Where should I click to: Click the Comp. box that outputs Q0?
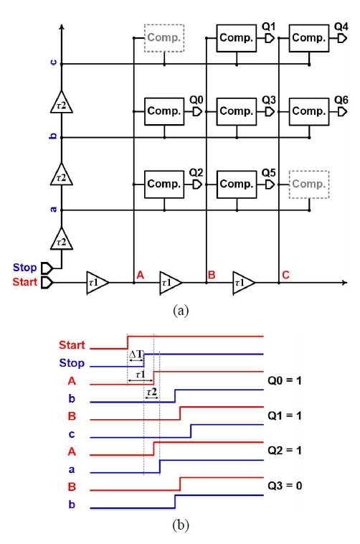(164, 111)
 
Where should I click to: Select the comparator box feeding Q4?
(309, 38)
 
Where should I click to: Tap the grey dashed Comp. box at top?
(164, 38)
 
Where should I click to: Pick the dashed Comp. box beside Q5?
(309, 184)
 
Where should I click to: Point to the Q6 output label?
(341, 100)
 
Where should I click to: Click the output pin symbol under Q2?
(197, 184)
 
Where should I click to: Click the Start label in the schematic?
(24, 282)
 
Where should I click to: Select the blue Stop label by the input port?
(24, 268)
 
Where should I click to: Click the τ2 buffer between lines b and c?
(62, 102)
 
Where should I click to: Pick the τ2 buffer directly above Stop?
(62, 239)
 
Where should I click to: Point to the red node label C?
(285, 275)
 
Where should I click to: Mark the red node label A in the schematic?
(140, 275)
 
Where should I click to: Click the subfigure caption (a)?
(181, 310)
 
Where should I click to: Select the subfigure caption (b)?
(181, 525)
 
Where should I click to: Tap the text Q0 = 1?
(285, 380)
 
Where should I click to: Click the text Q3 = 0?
(285, 486)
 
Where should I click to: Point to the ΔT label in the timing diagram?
(136, 355)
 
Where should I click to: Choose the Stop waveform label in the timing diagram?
(72, 363)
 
